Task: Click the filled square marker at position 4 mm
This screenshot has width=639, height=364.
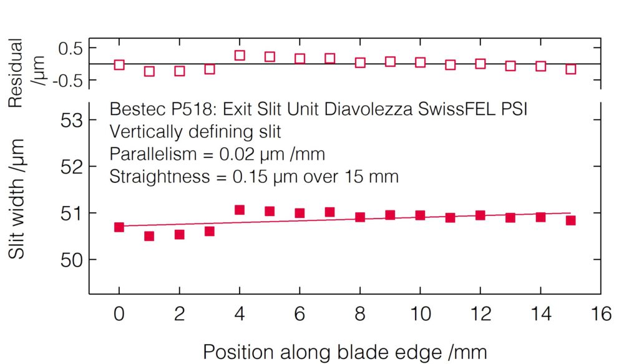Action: (x=240, y=210)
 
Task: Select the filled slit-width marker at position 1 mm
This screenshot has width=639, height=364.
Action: (x=149, y=236)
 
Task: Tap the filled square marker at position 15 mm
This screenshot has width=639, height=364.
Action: (x=570, y=220)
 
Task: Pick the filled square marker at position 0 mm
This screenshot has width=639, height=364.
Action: (x=119, y=227)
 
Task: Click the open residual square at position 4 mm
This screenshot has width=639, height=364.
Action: (x=240, y=56)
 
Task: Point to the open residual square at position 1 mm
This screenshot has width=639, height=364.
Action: (x=149, y=71)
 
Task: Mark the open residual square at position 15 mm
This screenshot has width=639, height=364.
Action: (x=570, y=69)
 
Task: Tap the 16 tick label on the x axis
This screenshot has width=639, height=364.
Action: (x=600, y=313)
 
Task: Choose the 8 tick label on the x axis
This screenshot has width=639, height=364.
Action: (x=360, y=313)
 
